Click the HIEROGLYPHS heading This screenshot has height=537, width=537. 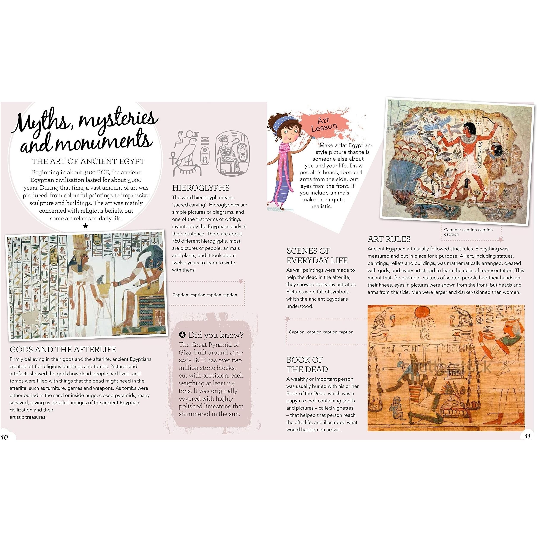(x=201, y=188)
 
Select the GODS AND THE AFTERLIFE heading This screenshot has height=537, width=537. (x=63, y=349)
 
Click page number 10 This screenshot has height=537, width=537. (x=5, y=437)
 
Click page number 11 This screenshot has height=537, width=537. (x=528, y=436)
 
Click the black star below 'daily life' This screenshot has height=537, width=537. (x=86, y=226)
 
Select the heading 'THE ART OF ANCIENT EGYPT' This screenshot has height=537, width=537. (x=88, y=161)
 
